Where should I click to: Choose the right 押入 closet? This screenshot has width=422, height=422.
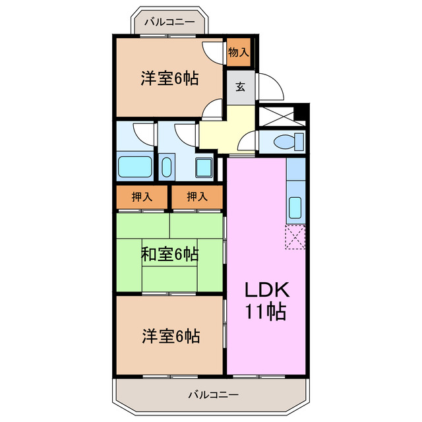click(x=196, y=196)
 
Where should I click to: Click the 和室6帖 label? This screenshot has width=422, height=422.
click(x=169, y=253)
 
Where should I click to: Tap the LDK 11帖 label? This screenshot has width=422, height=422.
click(x=267, y=300)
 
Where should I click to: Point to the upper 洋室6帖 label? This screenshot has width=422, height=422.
click(x=169, y=78)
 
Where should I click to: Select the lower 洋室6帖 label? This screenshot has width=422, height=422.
click(x=169, y=336)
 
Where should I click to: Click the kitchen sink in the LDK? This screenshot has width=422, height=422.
click(x=296, y=208)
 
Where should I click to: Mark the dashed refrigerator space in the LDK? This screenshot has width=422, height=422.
click(x=295, y=237)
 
